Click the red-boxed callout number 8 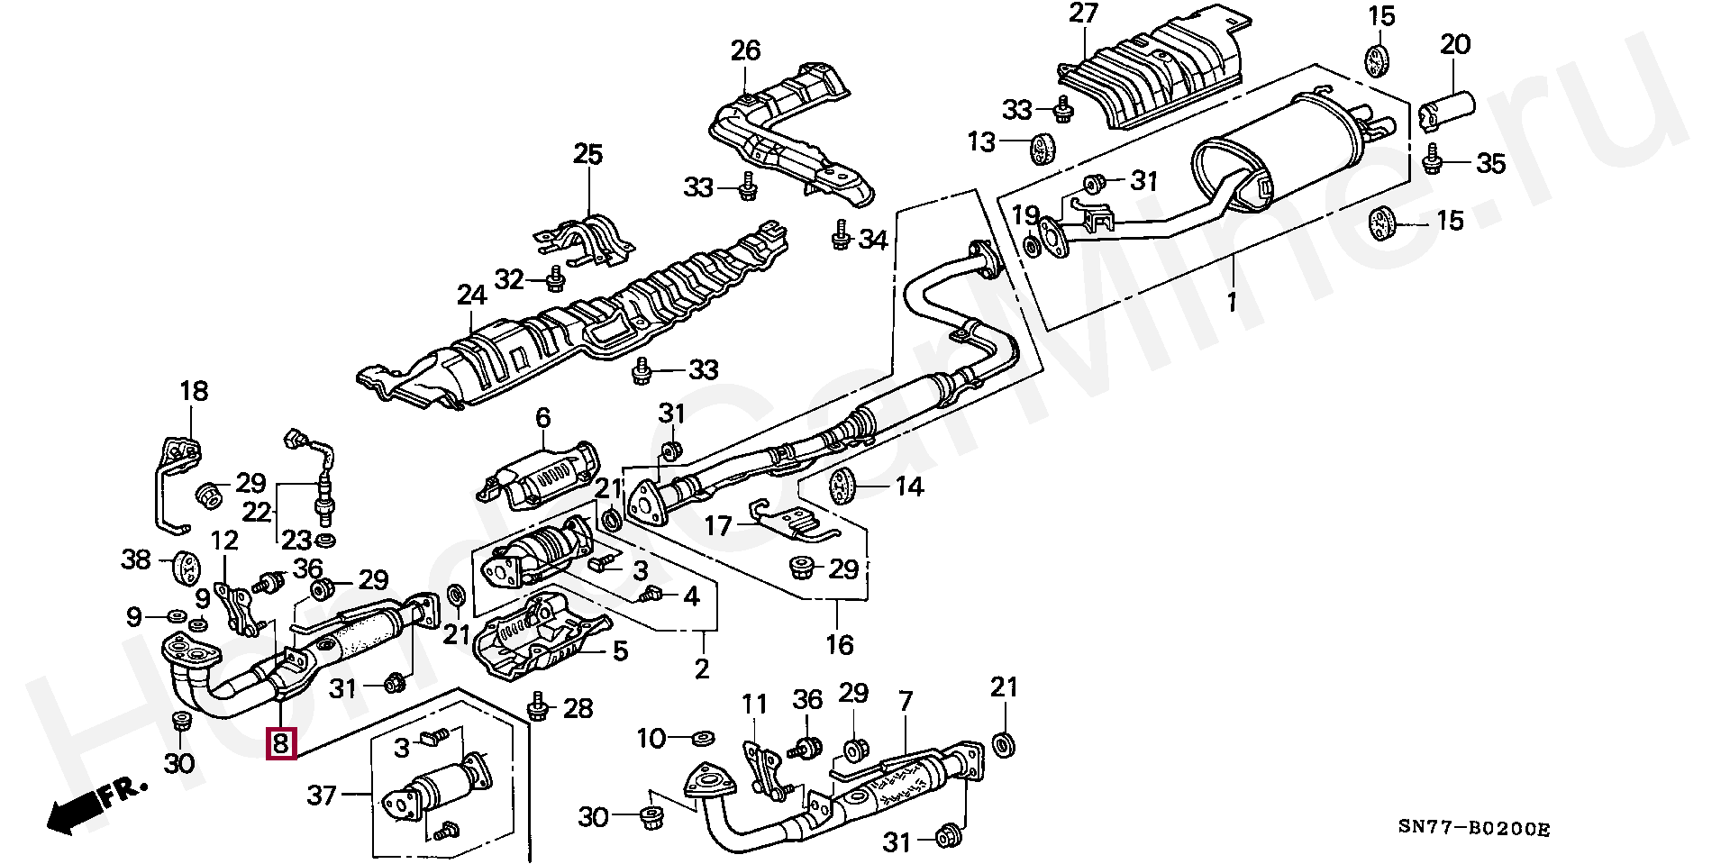280,744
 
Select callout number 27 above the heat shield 1084,15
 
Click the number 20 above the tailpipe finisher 1455,44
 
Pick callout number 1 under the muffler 1232,301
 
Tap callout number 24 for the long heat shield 471,296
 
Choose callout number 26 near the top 745,50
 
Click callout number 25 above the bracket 587,154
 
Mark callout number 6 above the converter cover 542,417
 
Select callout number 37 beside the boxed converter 322,795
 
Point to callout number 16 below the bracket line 839,645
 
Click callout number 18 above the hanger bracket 194,391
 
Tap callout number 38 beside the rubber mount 136,560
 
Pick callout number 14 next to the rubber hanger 909,487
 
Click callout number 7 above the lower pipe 906,700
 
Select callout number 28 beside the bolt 578,709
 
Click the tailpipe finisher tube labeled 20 1447,110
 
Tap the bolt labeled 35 1431,163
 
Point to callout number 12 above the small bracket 224,541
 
